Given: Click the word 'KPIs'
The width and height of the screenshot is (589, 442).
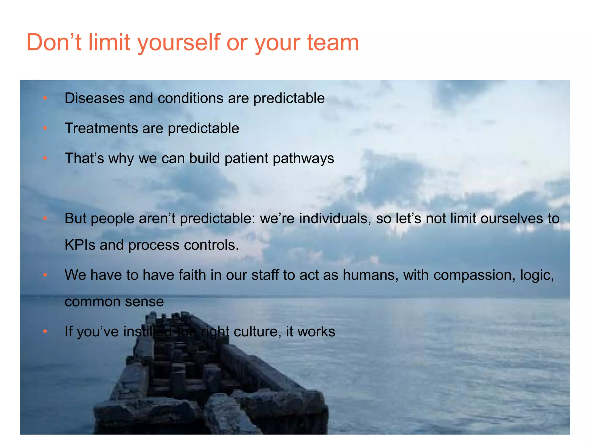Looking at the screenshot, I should (80, 245).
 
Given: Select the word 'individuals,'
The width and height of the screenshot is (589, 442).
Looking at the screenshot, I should (335, 218).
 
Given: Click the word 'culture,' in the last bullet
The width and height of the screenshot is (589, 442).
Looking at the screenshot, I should (257, 331).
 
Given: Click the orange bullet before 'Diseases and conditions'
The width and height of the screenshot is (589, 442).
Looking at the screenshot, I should (45, 98).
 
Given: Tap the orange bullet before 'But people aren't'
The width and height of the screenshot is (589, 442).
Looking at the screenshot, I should (45, 218).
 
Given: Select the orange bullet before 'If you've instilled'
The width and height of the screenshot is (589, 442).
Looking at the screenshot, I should (45, 331).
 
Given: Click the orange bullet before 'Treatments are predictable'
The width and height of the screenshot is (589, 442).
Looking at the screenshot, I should (45, 128).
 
